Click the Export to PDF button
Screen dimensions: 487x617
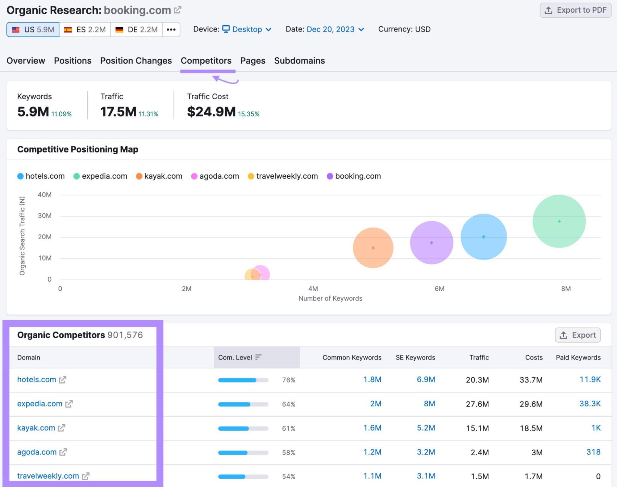tap(575, 10)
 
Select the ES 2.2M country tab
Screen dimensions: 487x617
tap(85, 30)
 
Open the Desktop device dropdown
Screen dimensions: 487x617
tap(247, 29)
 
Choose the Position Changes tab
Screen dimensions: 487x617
tap(136, 60)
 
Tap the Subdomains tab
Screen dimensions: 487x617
tap(299, 60)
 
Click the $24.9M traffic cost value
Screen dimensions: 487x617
tap(211, 112)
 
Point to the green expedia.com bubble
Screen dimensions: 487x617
tap(559, 221)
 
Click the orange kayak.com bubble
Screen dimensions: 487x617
tap(373, 248)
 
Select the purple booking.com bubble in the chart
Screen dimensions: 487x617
tap(431, 243)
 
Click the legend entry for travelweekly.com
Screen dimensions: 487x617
tap(286, 176)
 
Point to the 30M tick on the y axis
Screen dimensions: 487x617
tap(45, 216)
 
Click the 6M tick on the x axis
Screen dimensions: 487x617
tap(439, 289)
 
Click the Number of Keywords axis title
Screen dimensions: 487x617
tap(330, 298)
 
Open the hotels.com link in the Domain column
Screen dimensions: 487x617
tap(37, 380)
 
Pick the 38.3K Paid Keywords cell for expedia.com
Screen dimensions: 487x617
tap(590, 404)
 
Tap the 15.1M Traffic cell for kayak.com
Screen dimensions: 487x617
tap(477, 428)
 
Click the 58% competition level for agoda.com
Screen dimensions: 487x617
tap(289, 452)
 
